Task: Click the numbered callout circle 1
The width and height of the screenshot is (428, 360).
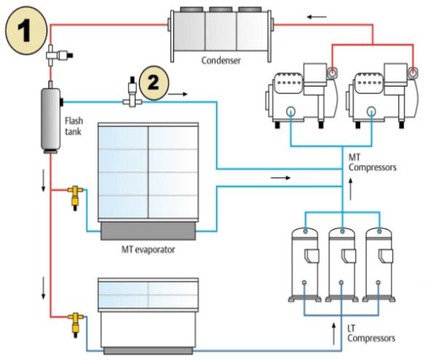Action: point(26,31)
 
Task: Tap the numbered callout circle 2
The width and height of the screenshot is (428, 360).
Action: point(154,83)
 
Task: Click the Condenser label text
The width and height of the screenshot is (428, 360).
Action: point(221,60)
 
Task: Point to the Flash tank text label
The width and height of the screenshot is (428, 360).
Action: point(74,126)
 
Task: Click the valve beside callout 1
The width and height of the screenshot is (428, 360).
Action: point(58,55)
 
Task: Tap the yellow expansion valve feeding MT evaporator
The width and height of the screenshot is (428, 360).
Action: point(76,197)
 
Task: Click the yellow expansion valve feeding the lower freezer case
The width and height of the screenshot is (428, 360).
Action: point(76,324)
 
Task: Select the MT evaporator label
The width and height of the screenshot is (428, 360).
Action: point(148,249)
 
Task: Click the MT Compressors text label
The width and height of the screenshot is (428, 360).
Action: point(373,162)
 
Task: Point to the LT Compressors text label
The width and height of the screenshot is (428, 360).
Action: point(371,334)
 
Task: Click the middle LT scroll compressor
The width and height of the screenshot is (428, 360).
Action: point(342,265)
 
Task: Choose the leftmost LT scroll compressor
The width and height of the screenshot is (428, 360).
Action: point(305,265)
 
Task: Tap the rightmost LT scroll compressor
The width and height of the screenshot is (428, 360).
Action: point(379,265)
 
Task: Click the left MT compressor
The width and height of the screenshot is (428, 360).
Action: point(301,95)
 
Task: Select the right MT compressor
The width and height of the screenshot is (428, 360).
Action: point(382,95)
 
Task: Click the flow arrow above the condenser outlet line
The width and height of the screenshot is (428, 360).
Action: point(317,17)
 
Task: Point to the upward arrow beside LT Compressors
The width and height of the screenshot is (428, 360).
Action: point(333,334)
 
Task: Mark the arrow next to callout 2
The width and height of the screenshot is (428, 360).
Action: point(178,94)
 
